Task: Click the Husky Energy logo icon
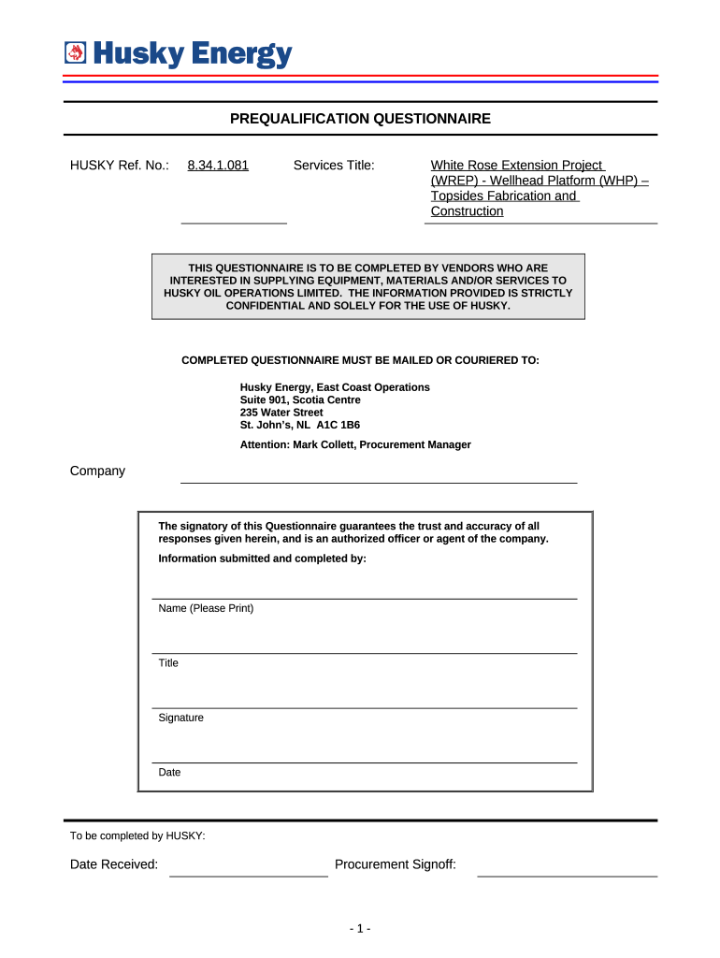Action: point(75,55)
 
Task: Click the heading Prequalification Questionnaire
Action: point(360,119)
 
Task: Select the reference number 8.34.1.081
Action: point(218,166)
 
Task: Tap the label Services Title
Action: point(334,166)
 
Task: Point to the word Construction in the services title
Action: point(467,211)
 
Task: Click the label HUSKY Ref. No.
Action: point(120,166)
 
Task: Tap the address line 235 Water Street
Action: point(281,413)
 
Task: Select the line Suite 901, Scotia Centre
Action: point(300,399)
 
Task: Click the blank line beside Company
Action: point(378,477)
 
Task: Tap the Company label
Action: point(97,471)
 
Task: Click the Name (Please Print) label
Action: point(206,608)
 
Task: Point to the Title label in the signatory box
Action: point(168,663)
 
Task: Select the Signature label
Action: point(180,718)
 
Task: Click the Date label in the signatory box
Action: point(169,773)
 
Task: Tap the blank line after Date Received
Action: point(248,871)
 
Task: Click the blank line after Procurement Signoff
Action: point(567,871)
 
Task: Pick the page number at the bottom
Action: point(360,929)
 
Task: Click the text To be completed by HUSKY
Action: point(137,835)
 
